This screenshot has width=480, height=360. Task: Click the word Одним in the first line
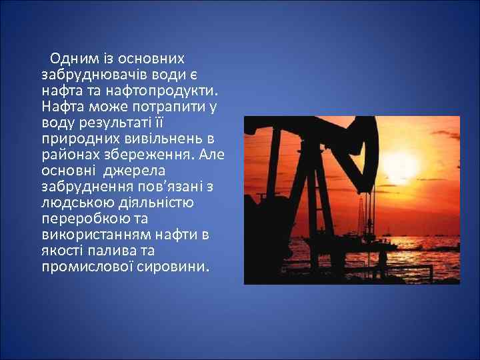coord(71,58)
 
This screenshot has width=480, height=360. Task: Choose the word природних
coord(75,138)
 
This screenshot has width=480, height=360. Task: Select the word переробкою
coord(81,219)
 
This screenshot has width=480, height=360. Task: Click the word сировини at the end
coord(175,267)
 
